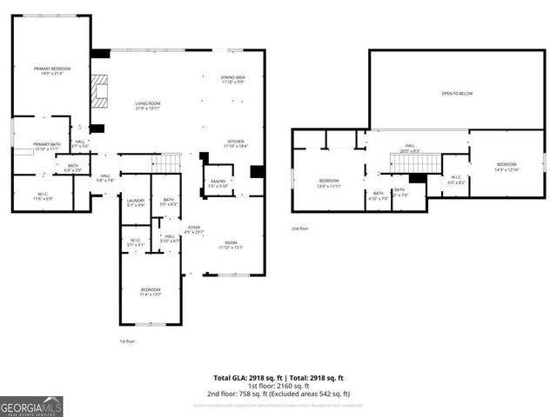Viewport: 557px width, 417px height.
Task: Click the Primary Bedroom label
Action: (51, 70)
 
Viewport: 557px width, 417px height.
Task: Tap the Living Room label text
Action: (147, 105)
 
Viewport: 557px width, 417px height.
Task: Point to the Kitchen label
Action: (236, 144)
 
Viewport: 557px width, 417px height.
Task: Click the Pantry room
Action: (218, 183)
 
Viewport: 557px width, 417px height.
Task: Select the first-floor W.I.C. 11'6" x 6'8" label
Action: (43, 196)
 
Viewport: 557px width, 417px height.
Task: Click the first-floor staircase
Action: (168, 162)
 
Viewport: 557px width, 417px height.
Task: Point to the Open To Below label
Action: (457, 93)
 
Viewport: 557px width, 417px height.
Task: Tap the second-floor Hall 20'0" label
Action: (410, 149)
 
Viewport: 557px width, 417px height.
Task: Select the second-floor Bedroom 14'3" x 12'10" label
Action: (507, 167)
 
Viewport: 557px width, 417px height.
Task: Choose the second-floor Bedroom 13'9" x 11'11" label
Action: (328, 183)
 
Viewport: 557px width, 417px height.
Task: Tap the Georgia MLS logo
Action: (31, 407)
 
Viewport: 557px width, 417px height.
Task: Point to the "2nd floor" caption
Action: (301, 228)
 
